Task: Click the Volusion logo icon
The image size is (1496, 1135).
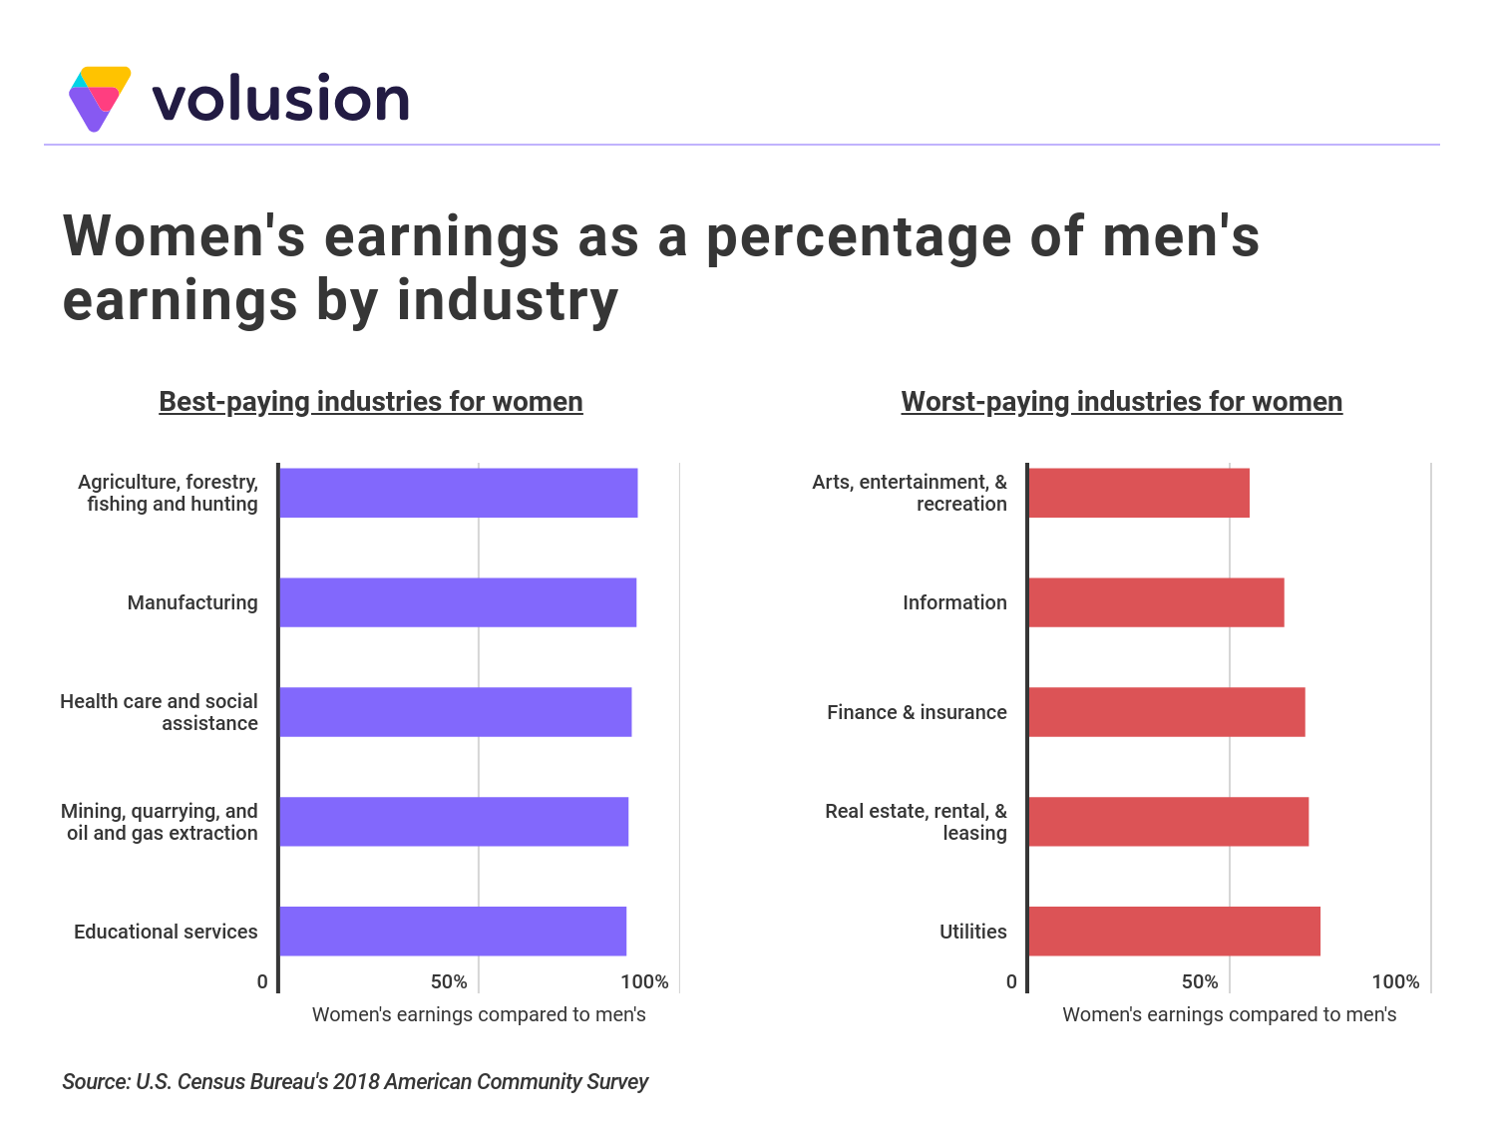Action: (x=100, y=98)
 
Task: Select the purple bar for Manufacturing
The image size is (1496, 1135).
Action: (x=458, y=602)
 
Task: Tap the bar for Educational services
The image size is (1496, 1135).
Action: (x=453, y=932)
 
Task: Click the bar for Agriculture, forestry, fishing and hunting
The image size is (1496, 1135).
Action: (x=459, y=493)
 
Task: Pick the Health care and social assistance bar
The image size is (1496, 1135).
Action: (x=456, y=712)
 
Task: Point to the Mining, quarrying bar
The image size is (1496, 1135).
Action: (x=454, y=822)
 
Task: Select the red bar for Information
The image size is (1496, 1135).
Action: (x=1156, y=602)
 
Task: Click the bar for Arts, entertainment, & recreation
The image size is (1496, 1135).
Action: (x=1139, y=493)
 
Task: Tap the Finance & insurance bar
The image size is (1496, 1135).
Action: (x=1167, y=712)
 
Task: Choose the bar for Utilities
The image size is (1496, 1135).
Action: (x=1174, y=932)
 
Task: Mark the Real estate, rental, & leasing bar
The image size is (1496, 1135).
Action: (x=1168, y=822)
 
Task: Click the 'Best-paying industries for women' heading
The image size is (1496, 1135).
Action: (x=371, y=402)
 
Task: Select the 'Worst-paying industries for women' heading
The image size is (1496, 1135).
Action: (x=1122, y=402)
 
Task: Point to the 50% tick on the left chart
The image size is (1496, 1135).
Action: (x=449, y=982)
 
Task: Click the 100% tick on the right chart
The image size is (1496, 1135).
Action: (x=1395, y=982)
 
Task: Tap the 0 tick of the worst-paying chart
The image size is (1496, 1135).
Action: (x=1011, y=982)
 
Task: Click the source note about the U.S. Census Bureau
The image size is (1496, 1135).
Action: (x=355, y=1082)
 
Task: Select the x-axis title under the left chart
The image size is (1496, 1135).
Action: (x=479, y=1015)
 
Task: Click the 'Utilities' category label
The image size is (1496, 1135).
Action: (x=973, y=932)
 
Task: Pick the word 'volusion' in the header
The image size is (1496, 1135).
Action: (x=280, y=99)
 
